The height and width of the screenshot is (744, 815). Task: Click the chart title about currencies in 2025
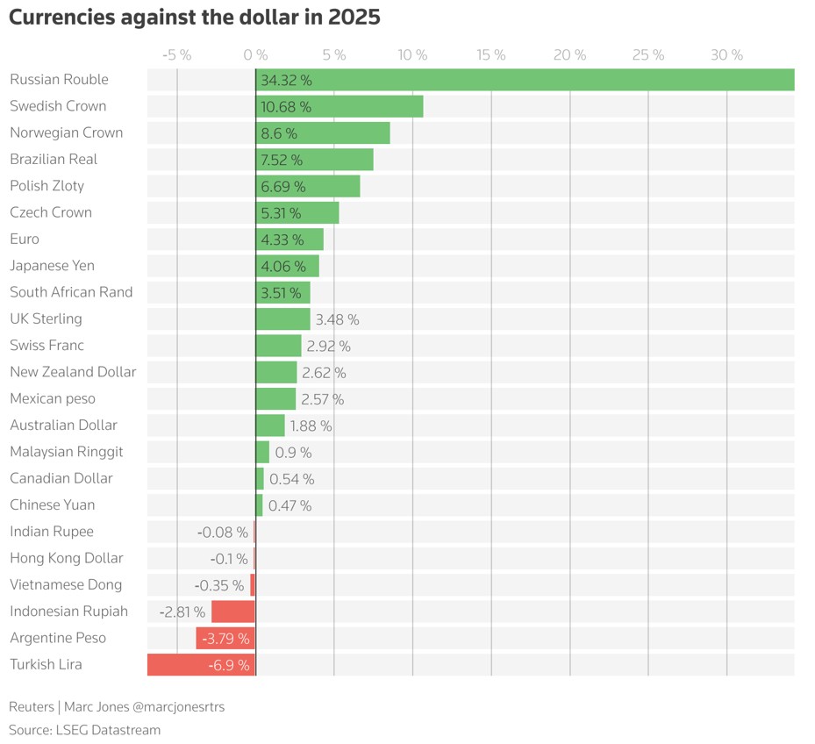(x=195, y=18)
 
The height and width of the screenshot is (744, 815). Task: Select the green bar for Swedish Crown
(x=339, y=106)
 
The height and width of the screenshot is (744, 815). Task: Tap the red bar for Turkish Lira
(x=201, y=665)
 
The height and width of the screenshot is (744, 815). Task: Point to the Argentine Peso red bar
(x=225, y=638)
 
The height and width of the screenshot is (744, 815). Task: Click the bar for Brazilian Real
(x=314, y=160)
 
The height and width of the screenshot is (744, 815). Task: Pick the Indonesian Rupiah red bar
(x=233, y=612)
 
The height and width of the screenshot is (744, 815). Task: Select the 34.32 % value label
(x=286, y=80)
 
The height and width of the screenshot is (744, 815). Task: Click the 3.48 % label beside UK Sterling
(x=337, y=319)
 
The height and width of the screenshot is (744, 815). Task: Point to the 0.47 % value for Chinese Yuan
(x=290, y=505)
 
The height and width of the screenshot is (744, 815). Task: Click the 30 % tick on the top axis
(x=726, y=55)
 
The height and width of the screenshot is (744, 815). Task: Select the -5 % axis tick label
(x=177, y=55)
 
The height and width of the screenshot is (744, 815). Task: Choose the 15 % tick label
(x=491, y=55)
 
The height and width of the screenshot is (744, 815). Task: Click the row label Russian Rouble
(x=59, y=80)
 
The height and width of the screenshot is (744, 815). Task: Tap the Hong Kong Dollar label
(x=66, y=558)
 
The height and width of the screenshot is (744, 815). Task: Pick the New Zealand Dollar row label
(x=73, y=372)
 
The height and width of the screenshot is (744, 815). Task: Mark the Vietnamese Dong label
(x=66, y=585)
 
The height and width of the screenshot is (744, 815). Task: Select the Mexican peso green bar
(x=275, y=399)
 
